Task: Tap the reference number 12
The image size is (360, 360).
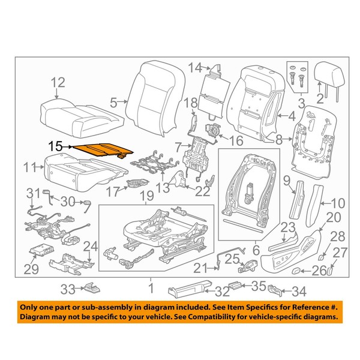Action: pyautogui.click(x=57, y=82)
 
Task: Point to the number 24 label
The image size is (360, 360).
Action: pyautogui.click(x=91, y=245)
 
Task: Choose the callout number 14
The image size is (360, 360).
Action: pyautogui.click(x=193, y=67)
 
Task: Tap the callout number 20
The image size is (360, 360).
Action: pyautogui.click(x=333, y=217)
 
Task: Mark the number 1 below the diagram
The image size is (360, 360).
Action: pyautogui.click(x=151, y=287)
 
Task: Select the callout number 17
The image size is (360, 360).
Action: pyautogui.click(x=112, y=191)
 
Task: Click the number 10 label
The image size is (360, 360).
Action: pyautogui.click(x=338, y=202)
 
